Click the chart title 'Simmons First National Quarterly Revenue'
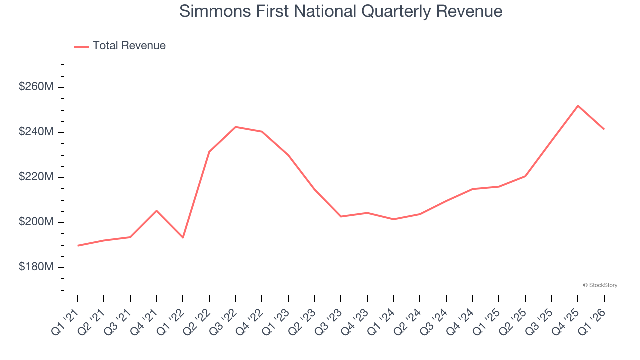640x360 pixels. coord(341,11)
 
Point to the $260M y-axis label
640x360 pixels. coord(36,87)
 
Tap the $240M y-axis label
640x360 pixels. coord(36,132)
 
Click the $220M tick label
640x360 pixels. coord(36,177)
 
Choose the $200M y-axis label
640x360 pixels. coord(36,222)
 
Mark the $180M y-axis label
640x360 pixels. coord(36,267)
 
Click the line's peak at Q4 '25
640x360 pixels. coord(578,106)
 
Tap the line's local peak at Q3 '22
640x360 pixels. coord(235,127)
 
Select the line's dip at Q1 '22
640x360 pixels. coord(183,237)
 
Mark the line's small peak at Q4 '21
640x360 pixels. coord(157,211)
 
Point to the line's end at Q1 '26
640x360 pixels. coord(604,129)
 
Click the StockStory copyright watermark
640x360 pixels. coord(600,285)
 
